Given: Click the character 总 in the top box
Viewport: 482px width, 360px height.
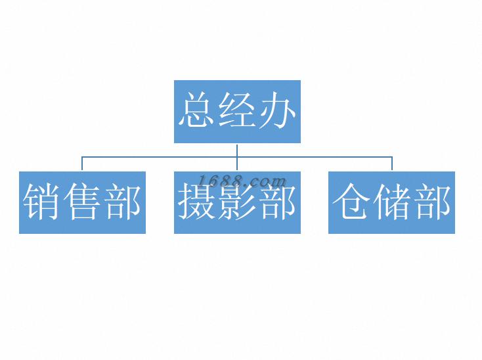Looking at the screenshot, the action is click(x=198, y=111).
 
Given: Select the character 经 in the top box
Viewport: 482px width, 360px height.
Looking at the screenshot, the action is click(x=237, y=111).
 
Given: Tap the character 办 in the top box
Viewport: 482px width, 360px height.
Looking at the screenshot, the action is click(x=276, y=111).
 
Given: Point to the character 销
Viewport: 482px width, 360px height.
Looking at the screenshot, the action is click(x=43, y=202).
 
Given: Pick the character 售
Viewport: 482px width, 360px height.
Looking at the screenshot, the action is click(x=82, y=202).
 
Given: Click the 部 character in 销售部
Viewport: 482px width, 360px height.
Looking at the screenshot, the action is click(x=121, y=202).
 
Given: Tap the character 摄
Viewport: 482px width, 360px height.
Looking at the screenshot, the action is click(x=198, y=202).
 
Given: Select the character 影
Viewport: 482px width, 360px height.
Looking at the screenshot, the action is click(x=237, y=202).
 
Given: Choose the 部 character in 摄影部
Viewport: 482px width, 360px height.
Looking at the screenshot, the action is click(x=276, y=202).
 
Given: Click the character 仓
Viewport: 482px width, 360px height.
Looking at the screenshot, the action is click(x=353, y=202).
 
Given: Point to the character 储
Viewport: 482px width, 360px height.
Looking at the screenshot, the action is click(x=392, y=202).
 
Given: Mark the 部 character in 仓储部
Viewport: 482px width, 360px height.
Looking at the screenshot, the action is click(x=431, y=202).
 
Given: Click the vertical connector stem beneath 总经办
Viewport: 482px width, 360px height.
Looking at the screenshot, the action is click(x=237, y=150).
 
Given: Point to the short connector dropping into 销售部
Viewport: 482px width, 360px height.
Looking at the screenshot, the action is click(x=82, y=164).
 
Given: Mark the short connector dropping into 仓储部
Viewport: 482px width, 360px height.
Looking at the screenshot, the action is click(x=392, y=164).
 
